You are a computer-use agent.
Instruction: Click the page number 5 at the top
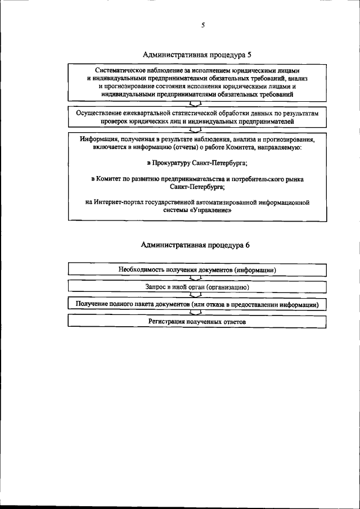[202, 25]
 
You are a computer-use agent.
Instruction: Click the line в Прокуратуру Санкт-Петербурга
[197, 163]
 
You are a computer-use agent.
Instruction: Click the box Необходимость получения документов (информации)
[197, 269]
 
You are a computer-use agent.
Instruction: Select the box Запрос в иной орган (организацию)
[197, 286]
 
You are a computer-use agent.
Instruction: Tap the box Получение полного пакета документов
[197, 304]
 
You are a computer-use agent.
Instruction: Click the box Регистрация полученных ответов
[197, 321]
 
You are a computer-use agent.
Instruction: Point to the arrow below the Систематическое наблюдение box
[196, 104]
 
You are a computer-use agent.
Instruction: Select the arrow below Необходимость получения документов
[196, 278]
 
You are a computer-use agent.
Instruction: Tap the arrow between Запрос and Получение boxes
[196, 295]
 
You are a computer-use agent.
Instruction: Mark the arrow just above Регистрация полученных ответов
[196, 312]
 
